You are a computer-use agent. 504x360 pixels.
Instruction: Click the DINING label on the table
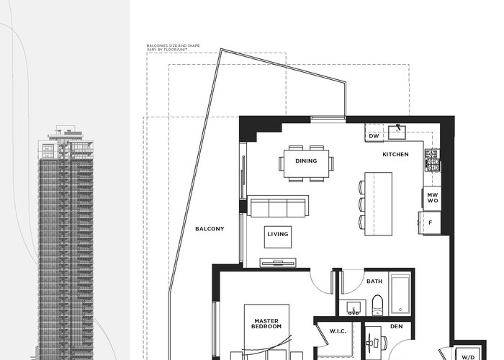click(x=306, y=161)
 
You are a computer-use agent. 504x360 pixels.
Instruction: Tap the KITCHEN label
click(x=396, y=154)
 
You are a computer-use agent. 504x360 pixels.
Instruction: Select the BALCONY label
click(x=210, y=229)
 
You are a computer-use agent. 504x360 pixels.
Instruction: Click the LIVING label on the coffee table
click(x=278, y=234)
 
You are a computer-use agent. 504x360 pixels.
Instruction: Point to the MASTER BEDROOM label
click(x=266, y=324)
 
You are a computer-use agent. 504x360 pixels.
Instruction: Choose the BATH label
click(x=374, y=282)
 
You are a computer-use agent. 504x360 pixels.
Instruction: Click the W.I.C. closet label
click(x=338, y=331)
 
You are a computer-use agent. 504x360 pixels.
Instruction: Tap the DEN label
click(x=396, y=326)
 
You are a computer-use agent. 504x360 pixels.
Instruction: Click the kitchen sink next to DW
click(x=397, y=132)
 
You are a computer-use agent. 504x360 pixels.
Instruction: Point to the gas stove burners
click(x=432, y=160)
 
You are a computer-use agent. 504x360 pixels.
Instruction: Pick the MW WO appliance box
click(x=432, y=198)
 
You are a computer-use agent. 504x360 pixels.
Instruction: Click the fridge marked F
click(x=430, y=222)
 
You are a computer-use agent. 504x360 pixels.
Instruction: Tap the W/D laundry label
click(x=468, y=357)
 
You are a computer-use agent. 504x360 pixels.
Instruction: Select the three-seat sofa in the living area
click(x=278, y=206)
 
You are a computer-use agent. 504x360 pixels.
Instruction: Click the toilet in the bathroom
click(x=377, y=305)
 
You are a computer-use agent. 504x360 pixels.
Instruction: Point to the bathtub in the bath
click(x=400, y=294)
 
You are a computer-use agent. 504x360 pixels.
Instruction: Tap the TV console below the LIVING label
click(x=278, y=263)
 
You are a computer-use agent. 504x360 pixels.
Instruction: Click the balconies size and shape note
click(x=173, y=48)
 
